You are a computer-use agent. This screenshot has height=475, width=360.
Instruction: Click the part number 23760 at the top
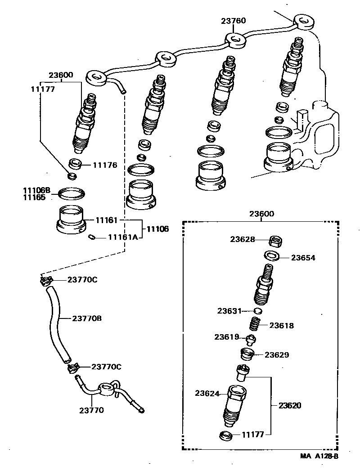click(233, 21)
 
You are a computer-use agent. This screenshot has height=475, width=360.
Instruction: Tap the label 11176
click(105, 165)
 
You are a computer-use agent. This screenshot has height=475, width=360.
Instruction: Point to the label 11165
click(35, 197)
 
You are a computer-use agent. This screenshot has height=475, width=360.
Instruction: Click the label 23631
click(230, 311)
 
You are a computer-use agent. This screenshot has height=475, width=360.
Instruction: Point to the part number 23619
click(227, 337)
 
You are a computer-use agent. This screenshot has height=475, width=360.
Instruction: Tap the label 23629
click(277, 355)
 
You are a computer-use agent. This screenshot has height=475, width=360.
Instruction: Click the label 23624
click(207, 393)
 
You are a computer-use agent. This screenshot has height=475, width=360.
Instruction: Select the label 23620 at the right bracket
click(290, 405)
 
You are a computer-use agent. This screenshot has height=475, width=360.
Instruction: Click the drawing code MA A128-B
click(319, 456)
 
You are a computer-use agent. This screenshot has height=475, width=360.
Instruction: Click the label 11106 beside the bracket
click(157, 229)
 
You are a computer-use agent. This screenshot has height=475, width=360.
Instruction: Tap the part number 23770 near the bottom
click(92, 410)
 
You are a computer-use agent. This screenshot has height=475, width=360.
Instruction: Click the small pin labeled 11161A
click(92, 238)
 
